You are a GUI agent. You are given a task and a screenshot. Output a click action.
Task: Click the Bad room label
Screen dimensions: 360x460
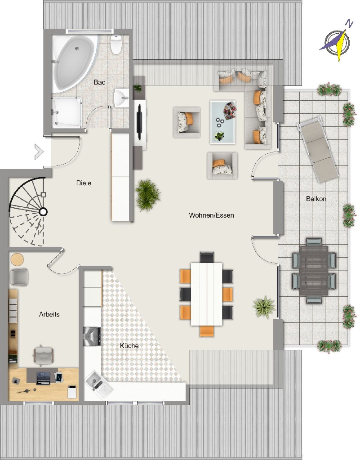(x=99, y=82)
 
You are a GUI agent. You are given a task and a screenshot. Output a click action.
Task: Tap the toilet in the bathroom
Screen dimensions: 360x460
(x=116, y=44)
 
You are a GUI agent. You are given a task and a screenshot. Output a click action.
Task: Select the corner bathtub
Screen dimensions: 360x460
(x=75, y=63)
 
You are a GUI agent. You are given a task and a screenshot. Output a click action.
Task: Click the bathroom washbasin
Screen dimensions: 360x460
(x=121, y=98)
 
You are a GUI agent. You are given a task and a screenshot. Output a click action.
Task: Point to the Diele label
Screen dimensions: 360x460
(x=84, y=183)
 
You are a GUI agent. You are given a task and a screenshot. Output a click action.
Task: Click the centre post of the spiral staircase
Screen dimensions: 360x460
(x=43, y=211)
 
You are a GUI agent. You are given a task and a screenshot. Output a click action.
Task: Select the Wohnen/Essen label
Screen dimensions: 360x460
(x=211, y=215)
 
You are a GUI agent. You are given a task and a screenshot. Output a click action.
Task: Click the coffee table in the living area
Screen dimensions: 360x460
(x=223, y=122)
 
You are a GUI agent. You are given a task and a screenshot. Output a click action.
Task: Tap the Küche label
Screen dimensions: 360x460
(x=129, y=346)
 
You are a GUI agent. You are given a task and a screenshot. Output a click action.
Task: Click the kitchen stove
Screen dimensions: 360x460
(x=92, y=336)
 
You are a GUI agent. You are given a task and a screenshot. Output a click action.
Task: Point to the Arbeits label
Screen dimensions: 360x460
(x=49, y=314)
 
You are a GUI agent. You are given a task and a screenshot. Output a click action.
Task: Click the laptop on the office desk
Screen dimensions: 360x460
(x=43, y=378)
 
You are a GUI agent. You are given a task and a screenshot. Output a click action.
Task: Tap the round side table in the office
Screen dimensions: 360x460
(x=17, y=259)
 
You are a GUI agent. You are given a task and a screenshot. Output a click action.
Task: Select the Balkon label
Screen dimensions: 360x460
(x=316, y=199)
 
